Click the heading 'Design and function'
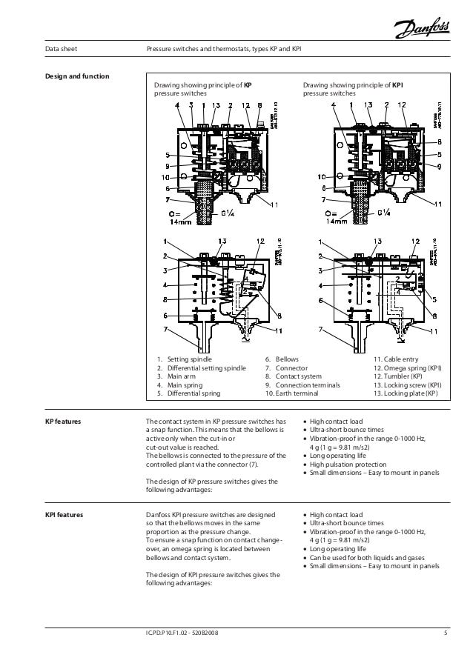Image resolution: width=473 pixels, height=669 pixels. (78, 76)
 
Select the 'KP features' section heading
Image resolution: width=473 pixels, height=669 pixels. (63, 421)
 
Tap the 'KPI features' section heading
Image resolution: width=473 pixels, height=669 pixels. (64, 514)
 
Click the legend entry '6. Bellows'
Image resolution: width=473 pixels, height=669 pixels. (282, 359)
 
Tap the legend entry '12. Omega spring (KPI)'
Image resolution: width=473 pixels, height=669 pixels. (407, 367)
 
